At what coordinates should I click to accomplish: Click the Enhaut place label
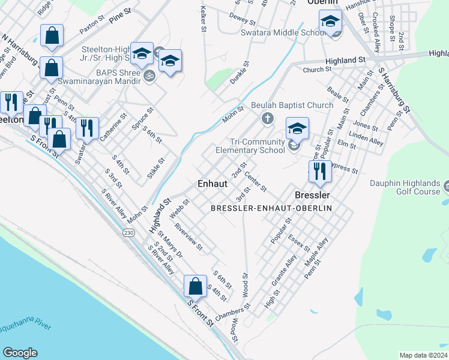point(212,184)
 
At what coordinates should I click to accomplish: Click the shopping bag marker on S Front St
point(196,286)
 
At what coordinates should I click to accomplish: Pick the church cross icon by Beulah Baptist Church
point(268,118)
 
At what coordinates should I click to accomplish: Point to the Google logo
point(20,353)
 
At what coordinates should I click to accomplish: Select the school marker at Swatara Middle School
point(330,23)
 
